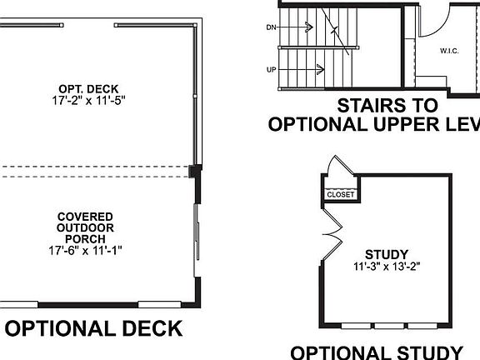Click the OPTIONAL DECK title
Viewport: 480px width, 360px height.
(94, 327)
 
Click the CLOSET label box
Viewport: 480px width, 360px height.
(340, 194)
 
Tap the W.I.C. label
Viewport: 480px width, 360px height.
(450, 52)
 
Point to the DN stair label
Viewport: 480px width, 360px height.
(271, 27)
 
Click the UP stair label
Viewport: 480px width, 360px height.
(271, 69)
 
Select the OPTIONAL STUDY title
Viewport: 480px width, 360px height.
(377, 352)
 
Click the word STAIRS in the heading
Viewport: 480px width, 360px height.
(367, 106)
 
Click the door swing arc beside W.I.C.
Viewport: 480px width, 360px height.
(435, 19)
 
